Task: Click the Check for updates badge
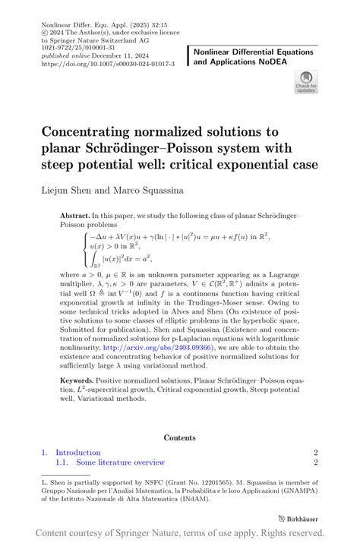305,82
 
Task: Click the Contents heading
179,437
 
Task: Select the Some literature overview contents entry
120,462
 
